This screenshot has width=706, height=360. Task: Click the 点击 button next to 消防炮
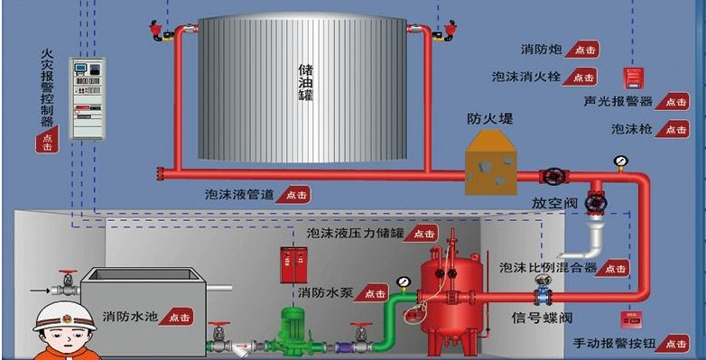coord(583,50)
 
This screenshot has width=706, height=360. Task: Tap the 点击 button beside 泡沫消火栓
coord(583,78)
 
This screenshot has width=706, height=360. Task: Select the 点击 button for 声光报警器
coord(673,101)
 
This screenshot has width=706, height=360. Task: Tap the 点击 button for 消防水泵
coord(371,293)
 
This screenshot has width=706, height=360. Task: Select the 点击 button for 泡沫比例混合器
coord(615,268)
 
